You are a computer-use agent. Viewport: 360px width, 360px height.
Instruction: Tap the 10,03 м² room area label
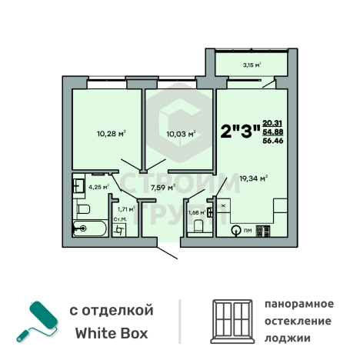click(181, 133)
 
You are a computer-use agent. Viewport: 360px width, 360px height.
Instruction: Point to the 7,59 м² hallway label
click(162, 186)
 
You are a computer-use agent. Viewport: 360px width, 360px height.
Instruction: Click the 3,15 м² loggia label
click(251, 65)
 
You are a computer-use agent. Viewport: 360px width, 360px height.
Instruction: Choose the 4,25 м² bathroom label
click(98, 186)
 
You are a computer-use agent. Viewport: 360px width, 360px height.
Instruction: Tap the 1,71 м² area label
click(125, 208)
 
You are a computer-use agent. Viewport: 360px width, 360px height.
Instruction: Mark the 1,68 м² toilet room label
click(197, 212)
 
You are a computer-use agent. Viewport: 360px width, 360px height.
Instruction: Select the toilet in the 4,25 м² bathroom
click(83, 208)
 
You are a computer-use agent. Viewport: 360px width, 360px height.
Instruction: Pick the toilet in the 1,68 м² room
click(198, 225)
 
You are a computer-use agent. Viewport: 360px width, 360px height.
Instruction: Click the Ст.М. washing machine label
click(119, 220)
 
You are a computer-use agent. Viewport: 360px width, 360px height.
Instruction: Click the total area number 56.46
click(272, 141)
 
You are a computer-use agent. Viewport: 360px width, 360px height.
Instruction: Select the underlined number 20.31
click(272, 122)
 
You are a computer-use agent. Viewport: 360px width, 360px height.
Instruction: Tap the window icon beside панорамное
click(232, 322)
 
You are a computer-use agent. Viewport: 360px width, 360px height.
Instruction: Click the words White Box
click(112, 334)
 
